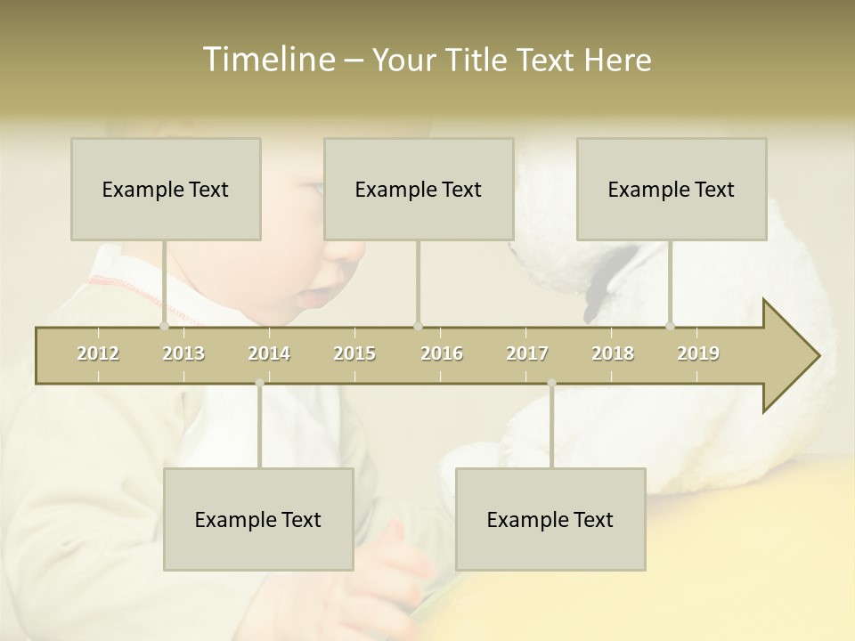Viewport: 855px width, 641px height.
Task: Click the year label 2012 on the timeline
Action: (x=98, y=353)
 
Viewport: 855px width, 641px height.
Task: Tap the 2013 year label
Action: (x=183, y=353)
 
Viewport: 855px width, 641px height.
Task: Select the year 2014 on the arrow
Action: (x=269, y=353)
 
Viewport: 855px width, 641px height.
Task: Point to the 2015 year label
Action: (x=354, y=353)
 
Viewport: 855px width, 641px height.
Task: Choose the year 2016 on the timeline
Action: (x=442, y=353)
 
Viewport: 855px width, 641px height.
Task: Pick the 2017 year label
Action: (x=527, y=353)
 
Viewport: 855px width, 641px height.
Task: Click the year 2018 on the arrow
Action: (x=613, y=353)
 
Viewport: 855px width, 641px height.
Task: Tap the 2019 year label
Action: (x=698, y=353)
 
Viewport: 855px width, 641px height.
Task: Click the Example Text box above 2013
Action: (x=166, y=189)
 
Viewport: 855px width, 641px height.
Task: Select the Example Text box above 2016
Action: (x=419, y=189)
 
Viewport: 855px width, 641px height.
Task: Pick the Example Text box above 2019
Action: (x=672, y=189)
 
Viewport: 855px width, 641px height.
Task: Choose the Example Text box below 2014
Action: (x=258, y=519)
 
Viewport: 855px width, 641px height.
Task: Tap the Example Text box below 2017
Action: (x=550, y=519)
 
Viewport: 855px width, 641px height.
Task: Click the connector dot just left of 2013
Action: (x=164, y=326)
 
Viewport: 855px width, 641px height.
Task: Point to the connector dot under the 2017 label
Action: (x=551, y=383)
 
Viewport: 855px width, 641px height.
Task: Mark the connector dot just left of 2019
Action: (x=670, y=326)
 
